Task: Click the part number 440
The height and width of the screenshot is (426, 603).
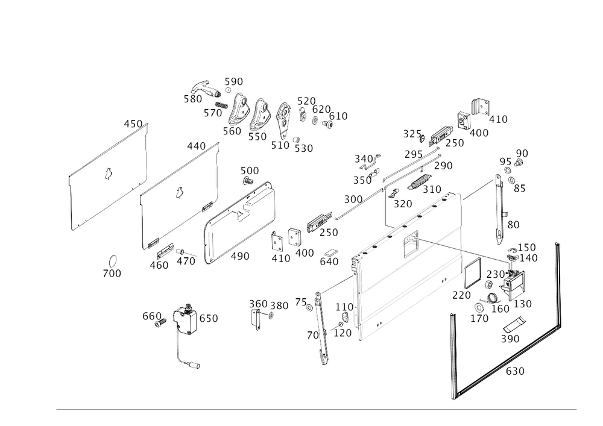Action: pyautogui.click(x=196, y=145)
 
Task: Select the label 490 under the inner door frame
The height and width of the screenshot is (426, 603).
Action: pyautogui.click(x=242, y=256)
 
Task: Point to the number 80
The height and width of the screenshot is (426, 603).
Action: pyautogui.click(x=513, y=224)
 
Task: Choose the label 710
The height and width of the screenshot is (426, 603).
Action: pyautogui.click(x=432, y=189)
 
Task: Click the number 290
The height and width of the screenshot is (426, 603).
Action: pyautogui.click(x=510, y=340)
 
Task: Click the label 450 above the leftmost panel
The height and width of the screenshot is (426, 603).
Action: pyautogui.click(x=133, y=124)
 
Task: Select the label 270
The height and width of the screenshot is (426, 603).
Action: pyautogui.click(x=402, y=204)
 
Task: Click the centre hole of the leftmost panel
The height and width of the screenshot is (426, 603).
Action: pyautogui.click(x=109, y=175)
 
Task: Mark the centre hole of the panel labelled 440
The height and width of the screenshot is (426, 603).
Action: pyautogui.click(x=178, y=193)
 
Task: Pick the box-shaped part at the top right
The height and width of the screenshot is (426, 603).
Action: pyautogui.click(x=481, y=107)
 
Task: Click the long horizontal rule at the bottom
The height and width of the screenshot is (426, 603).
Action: pyautogui.click(x=317, y=409)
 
